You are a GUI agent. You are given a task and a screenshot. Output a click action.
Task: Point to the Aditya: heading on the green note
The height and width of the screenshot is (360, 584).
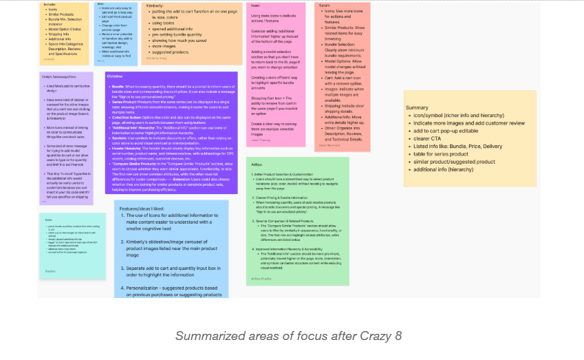point(258,164)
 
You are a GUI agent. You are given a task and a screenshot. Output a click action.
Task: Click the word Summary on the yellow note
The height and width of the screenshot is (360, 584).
point(418,108)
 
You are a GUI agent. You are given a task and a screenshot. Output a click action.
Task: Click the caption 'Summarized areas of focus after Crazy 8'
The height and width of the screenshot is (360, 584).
point(288,336)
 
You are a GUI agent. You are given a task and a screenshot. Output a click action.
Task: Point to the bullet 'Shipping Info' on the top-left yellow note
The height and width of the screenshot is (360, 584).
point(58,32)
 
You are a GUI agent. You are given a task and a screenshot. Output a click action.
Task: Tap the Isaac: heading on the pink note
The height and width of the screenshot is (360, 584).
point(256,6)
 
